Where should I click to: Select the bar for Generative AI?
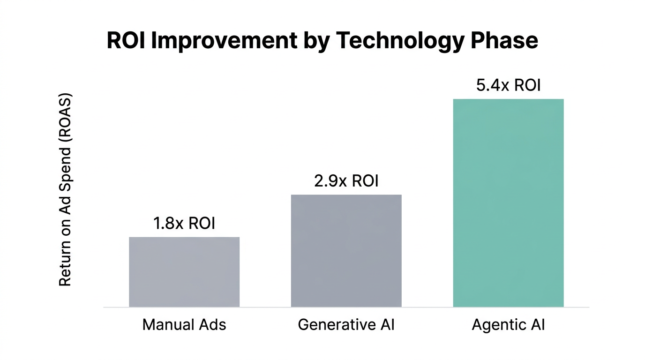pos(346,251)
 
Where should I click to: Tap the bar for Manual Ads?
pos(184,272)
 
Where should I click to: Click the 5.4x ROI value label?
pos(508,86)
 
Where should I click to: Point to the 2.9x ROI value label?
pos(346,181)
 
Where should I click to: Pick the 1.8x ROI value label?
pos(184,224)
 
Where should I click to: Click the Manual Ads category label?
pos(184,324)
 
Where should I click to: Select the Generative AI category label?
pos(346,324)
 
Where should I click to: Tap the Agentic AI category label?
pos(508,324)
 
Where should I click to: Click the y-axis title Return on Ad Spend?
pos(65,190)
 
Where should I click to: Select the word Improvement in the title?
pos(225,41)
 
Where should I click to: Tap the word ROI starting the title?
pos(126,41)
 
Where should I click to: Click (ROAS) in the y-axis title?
pos(65,120)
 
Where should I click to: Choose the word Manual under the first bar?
pos(164,324)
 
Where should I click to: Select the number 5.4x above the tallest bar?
pos(492,86)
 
